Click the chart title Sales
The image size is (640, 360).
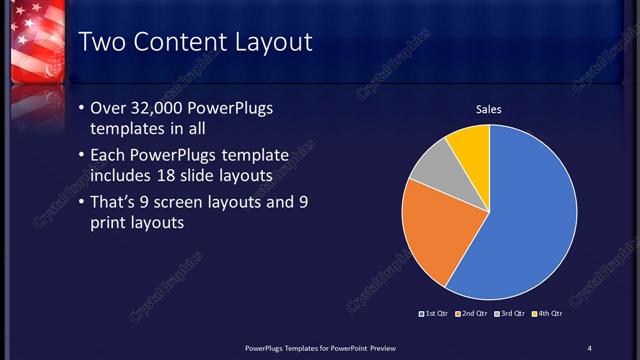[x=488, y=109]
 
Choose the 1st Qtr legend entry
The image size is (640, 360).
[x=434, y=314]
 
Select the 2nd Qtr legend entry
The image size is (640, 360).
[x=472, y=314]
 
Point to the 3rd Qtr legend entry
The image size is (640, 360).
[x=510, y=314]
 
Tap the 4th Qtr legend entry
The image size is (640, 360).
[x=547, y=314]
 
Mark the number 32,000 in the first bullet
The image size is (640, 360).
[x=159, y=109]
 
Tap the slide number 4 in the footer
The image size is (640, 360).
[x=589, y=347]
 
